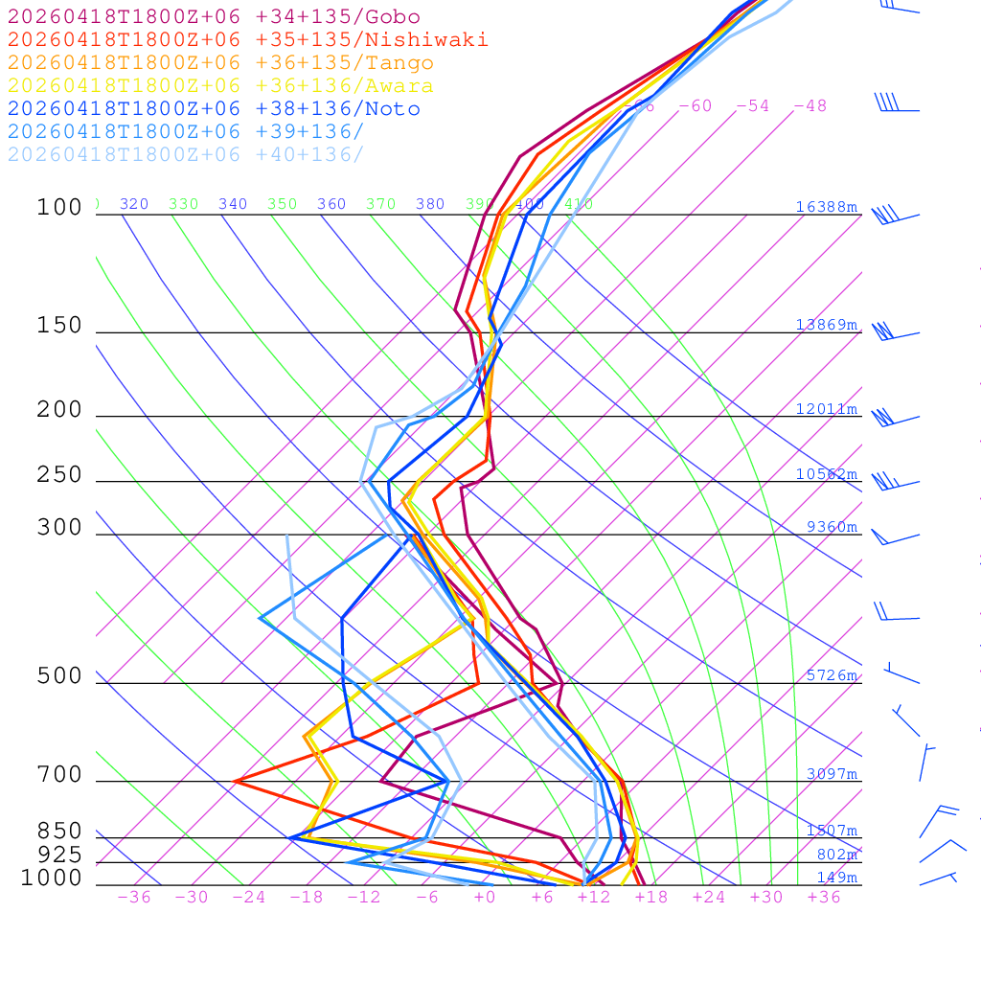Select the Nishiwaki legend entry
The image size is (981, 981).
(x=247, y=39)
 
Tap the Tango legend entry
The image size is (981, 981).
(x=220, y=63)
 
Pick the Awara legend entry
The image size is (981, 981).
(x=220, y=86)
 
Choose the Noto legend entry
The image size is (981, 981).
(x=214, y=109)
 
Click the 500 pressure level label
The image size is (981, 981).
(x=59, y=676)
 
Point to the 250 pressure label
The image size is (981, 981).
(x=59, y=475)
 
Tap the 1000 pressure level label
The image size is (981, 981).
(x=52, y=878)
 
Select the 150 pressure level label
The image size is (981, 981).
(x=59, y=326)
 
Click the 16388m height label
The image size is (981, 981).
(x=827, y=207)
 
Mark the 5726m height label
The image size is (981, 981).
(x=832, y=675)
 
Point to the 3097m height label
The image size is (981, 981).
(x=832, y=774)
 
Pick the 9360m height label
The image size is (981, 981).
(x=832, y=527)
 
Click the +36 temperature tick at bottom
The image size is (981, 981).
(x=824, y=898)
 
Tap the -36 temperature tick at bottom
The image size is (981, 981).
(x=133, y=898)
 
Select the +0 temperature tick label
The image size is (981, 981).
(x=484, y=898)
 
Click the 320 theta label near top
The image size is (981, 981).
(x=134, y=204)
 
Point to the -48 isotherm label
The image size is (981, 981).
(x=810, y=106)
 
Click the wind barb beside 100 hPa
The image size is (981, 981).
(x=895, y=216)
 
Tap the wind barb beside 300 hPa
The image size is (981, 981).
(x=893, y=537)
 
